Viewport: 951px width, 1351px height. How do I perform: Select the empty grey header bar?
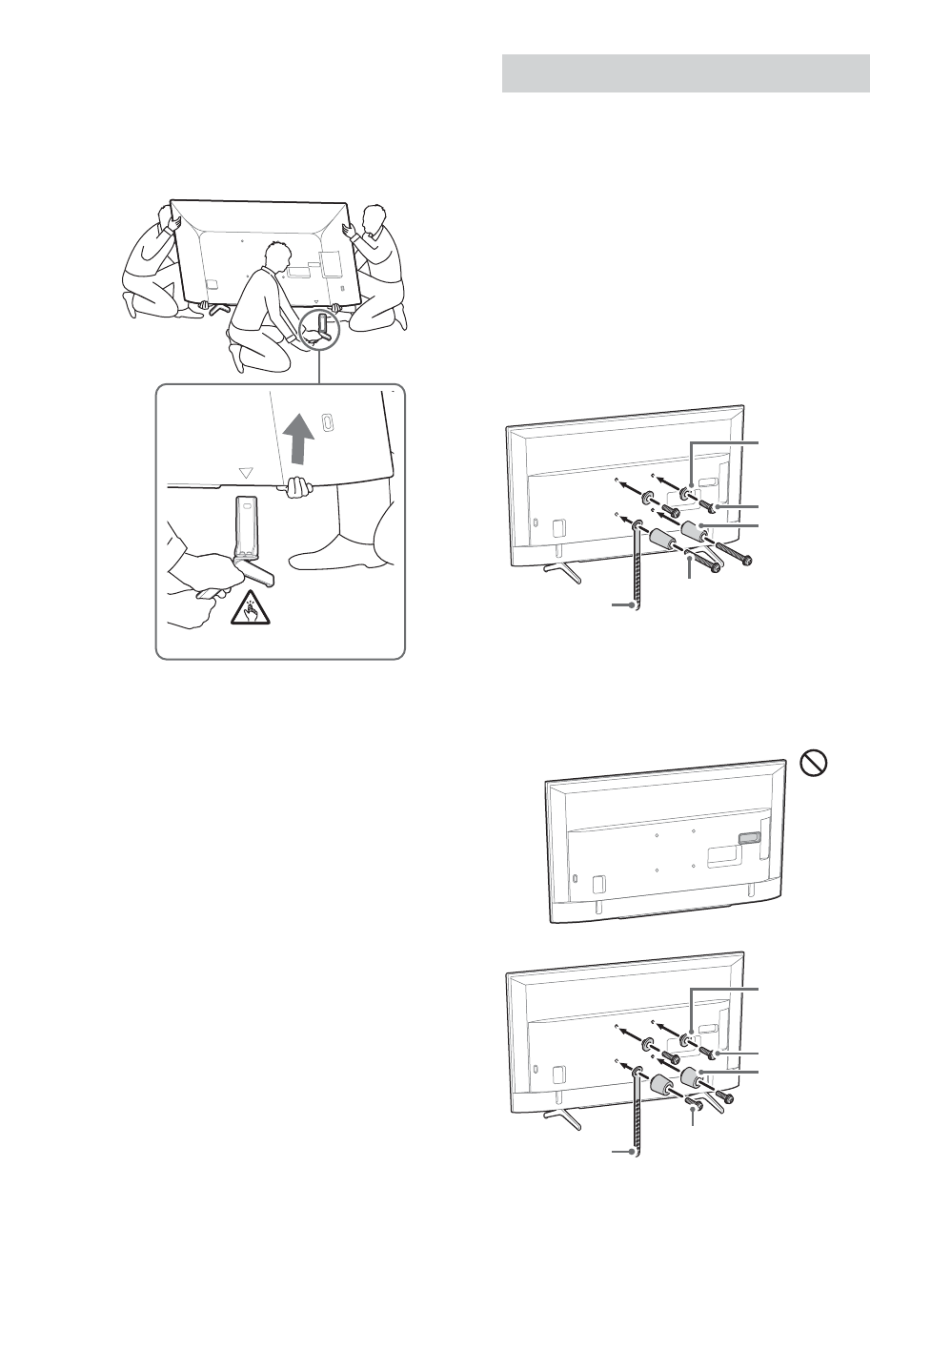click(685, 73)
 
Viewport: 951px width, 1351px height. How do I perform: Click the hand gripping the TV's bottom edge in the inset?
click(298, 487)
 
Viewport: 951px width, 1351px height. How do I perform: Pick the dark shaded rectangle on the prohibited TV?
click(749, 840)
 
